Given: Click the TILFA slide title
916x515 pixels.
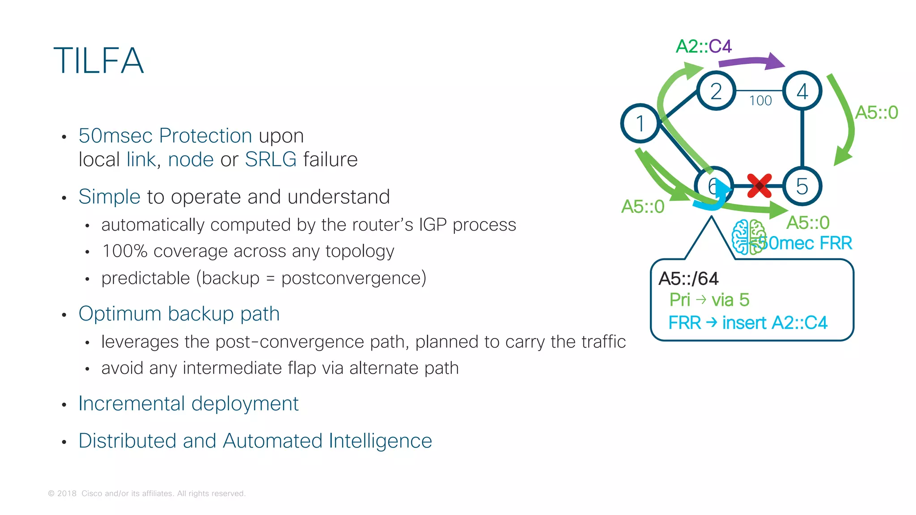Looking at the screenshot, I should point(98,61).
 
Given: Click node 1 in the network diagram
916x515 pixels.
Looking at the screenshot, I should point(640,123).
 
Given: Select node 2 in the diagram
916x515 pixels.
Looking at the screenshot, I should point(716,91).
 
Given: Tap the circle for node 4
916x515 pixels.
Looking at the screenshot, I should point(802,91).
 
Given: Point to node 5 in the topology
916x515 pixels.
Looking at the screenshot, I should point(802,186).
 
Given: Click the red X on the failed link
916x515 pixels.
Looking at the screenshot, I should point(759,186).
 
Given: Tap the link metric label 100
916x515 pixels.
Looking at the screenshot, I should point(760,101).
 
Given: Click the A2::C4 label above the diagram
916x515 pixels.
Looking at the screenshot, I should point(704,46).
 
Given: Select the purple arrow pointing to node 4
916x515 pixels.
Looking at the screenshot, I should point(751,62).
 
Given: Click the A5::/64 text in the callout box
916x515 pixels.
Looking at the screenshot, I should point(688,279).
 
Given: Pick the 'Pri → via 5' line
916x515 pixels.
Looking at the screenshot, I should point(709,300).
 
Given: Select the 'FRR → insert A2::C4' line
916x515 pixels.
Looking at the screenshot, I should point(747,323).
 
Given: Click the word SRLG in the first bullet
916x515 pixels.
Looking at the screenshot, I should point(271,160).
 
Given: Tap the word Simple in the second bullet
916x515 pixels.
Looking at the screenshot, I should point(110,197).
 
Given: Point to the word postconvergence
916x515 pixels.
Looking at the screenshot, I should point(353,278).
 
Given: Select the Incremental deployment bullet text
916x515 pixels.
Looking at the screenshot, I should point(188,404).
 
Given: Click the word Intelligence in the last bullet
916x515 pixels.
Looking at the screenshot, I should point(380,441).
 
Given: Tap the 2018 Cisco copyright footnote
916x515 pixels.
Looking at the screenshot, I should point(147,494).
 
